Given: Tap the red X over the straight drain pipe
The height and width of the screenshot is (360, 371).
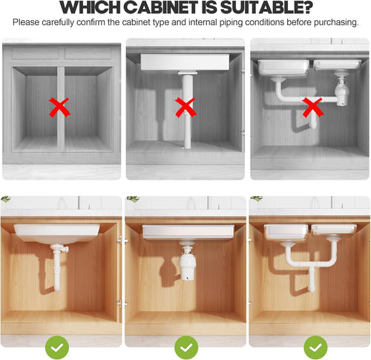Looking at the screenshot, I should (185, 108).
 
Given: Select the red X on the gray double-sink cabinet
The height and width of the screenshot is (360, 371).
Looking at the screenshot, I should (313, 109).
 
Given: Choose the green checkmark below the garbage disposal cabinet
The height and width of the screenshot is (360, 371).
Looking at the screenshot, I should (185, 346).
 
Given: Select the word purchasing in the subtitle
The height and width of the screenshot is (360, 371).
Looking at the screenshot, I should (335, 22).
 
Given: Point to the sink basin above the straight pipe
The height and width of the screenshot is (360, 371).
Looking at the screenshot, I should (184, 62).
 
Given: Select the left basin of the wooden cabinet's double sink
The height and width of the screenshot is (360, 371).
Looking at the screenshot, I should (283, 232).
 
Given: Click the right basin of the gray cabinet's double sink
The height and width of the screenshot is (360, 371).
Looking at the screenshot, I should (338, 65).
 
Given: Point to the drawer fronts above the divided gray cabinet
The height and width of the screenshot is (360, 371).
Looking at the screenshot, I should (61, 53).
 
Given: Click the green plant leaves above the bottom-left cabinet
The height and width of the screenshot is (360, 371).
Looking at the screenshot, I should (6, 199).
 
